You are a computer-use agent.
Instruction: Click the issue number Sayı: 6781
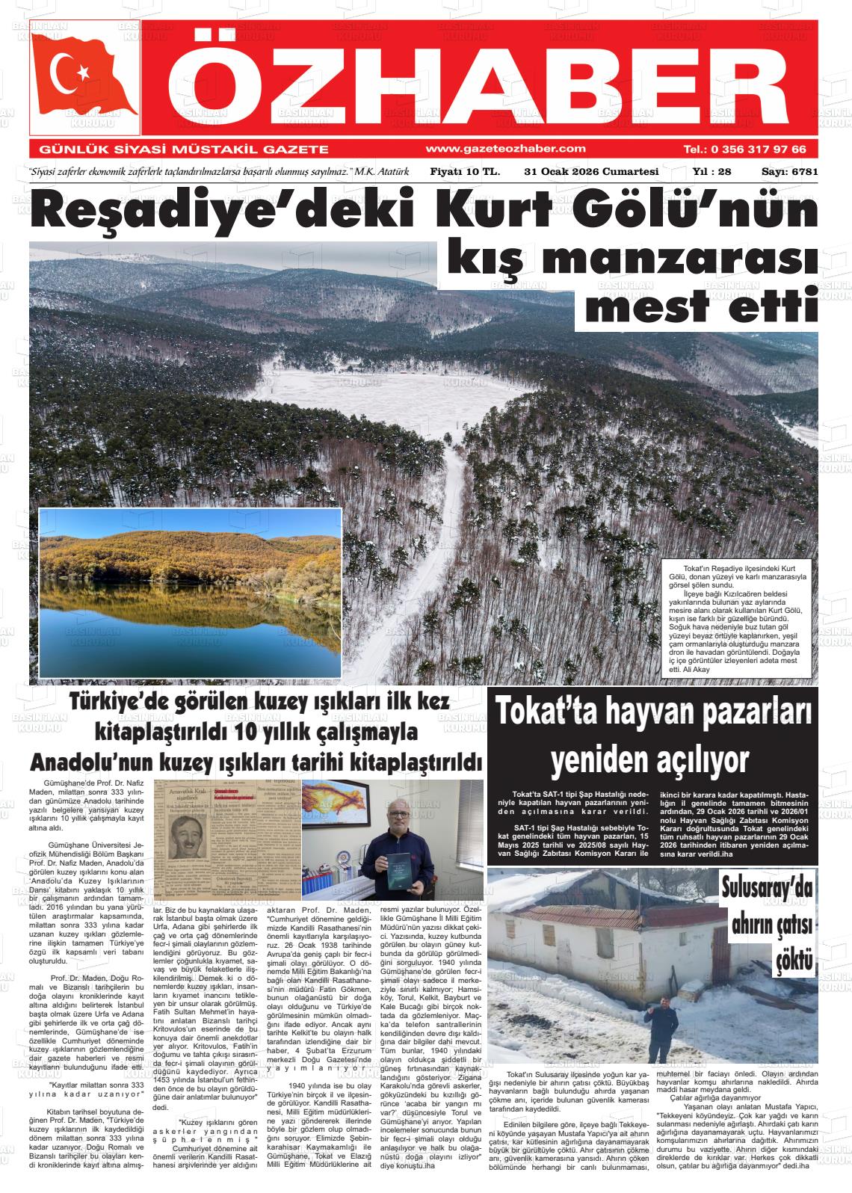click(789, 172)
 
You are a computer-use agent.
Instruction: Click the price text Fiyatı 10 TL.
click(464, 172)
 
